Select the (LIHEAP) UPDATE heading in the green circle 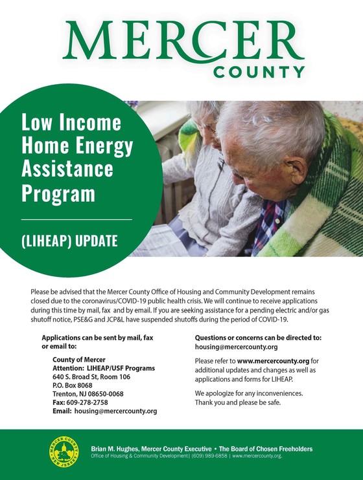click(x=70, y=242)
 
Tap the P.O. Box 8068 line click(x=73, y=385)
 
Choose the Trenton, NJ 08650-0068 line click(x=88, y=393)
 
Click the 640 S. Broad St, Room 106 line click(x=91, y=376)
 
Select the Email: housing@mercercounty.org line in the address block click(x=104, y=411)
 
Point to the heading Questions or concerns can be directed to click(x=258, y=338)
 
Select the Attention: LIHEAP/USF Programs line click(x=103, y=368)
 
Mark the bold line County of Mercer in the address click(x=78, y=360)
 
